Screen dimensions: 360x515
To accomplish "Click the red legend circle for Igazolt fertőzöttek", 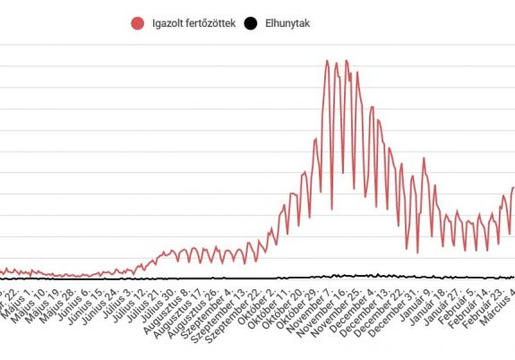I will pyautogui.click(x=137, y=24).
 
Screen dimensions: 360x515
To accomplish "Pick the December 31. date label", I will pyautogui.click(x=400, y=309).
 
